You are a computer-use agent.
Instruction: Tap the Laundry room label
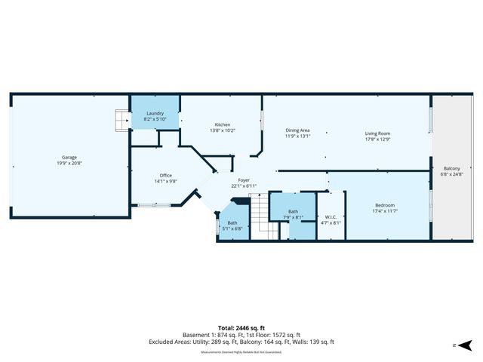click(x=155, y=112)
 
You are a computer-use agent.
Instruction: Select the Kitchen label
click(x=222, y=124)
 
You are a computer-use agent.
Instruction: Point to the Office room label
click(x=166, y=175)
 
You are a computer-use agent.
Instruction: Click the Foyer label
click(x=244, y=179)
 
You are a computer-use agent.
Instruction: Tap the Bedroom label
click(x=385, y=206)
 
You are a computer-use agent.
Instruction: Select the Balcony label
click(x=452, y=168)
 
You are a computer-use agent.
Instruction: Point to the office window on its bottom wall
click(x=153, y=204)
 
